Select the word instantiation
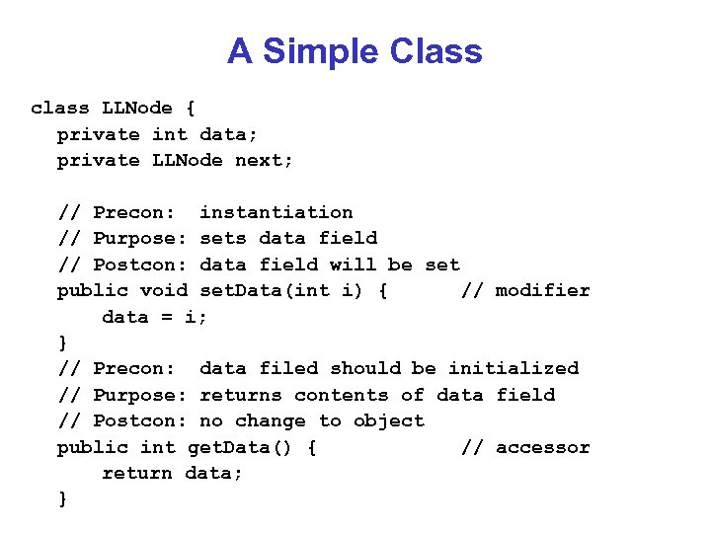276,212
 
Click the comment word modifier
542,290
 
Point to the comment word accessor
542,447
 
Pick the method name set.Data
240,290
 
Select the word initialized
513,368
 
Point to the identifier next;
264,160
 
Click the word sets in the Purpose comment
223,238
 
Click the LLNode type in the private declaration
187,160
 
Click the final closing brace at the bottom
63,499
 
